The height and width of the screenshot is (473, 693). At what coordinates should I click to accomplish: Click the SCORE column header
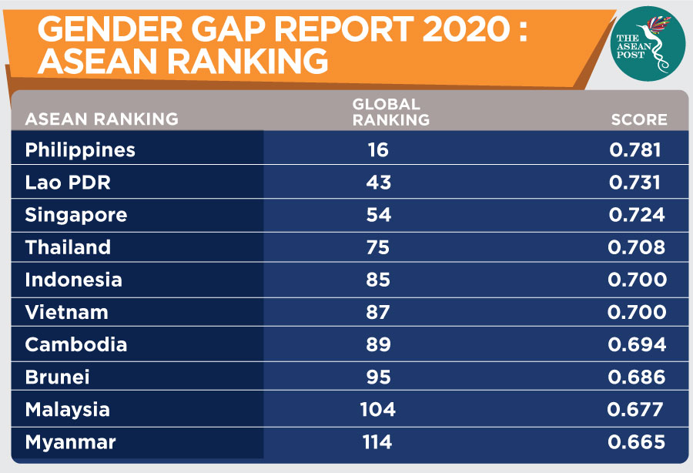(x=639, y=119)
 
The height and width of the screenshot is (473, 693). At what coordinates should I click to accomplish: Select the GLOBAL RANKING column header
(x=390, y=112)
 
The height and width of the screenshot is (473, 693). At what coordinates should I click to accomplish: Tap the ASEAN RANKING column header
(x=102, y=119)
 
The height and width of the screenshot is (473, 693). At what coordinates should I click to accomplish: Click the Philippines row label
(x=80, y=149)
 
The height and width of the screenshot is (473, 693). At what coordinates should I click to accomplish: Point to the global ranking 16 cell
(x=379, y=149)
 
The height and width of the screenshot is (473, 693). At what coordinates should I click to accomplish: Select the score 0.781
(x=635, y=149)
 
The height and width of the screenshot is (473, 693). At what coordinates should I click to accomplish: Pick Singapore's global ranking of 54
(x=379, y=215)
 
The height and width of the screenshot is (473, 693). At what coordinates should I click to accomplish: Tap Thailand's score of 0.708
(x=637, y=247)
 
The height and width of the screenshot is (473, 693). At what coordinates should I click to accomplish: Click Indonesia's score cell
(x=637, y=280)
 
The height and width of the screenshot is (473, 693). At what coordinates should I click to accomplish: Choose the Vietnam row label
(x=66, y=312)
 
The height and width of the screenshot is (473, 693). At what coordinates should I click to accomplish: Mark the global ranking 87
(x=379, y=312)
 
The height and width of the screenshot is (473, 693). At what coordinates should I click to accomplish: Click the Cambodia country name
(x=75, y=344)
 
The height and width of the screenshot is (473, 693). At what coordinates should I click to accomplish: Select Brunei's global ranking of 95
(x=379, y=377)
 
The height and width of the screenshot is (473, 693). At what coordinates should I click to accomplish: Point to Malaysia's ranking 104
(x=378, y=410)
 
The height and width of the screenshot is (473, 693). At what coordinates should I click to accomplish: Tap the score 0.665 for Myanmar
(x=636, y=442)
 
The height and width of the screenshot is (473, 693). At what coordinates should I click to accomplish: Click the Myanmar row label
(x=70, y=442)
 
